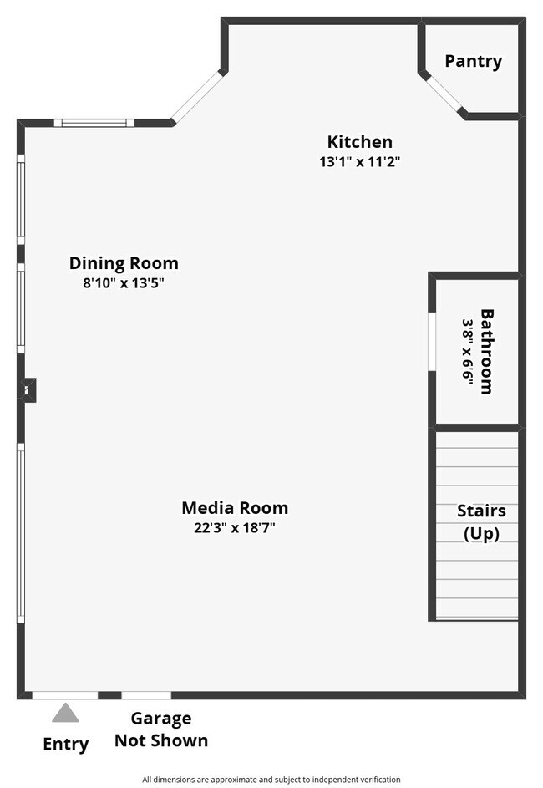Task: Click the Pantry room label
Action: [473, 61]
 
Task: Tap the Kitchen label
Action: [359, 142]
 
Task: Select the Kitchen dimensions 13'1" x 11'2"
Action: [360, 162]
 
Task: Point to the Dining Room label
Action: [124, 263]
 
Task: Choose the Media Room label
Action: [235, 507]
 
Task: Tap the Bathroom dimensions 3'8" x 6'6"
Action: [468, 350]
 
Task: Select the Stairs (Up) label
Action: [481, 522]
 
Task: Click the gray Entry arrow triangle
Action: [65, 713]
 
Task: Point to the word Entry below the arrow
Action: [65, 745]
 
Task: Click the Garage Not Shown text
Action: [161, 730]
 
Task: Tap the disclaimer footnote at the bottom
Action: [271, 780]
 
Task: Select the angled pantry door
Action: [444, 94]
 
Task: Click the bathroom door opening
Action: [432, 341]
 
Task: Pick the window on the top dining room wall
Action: [94, 123]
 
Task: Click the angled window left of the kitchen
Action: [198, 97]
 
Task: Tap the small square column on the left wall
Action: [28, 389]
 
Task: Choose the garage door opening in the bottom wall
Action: [146, 695]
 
